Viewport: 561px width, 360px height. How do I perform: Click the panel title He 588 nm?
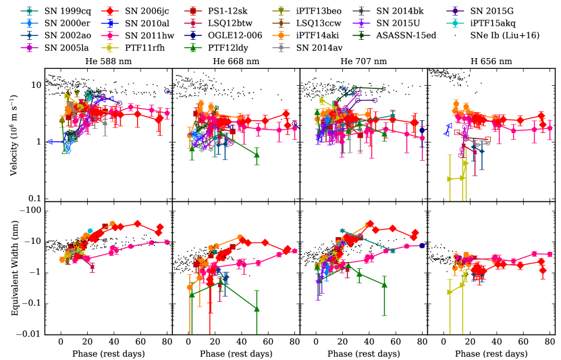(x=109, y=61)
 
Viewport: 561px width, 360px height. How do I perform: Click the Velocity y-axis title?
(x=14, y=134)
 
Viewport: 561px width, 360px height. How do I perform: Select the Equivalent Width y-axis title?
(x=14, y=267)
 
